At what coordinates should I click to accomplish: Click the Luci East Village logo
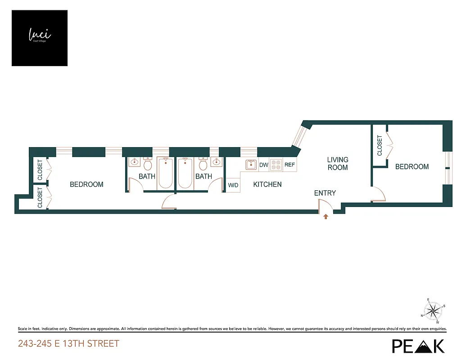click(x=40, y=38)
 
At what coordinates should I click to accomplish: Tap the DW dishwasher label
click(x=264, y=165)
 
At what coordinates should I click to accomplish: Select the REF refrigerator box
click(x=290, y=165)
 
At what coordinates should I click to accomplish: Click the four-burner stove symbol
click(x=276, y=165)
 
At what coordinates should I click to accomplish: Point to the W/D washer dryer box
click(x=233, y=185)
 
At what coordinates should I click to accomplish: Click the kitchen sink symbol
click(x=251, y=165)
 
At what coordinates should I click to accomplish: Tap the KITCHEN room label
click(x=267, y=184)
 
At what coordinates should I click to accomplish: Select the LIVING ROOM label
click(x=338, y=163)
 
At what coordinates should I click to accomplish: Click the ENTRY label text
click(x=325, y=193)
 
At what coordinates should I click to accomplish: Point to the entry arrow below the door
click(x=326, y=217)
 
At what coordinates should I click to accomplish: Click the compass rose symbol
click(x=433, y=310)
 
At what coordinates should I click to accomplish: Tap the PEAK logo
click(x=418, y=346)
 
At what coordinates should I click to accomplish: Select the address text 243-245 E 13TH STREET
click(x=68, y=344)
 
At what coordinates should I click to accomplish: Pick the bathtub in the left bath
click(x=165, y=174)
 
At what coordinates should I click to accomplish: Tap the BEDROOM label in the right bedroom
click(x=412, y=167)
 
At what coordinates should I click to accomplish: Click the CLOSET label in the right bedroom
click(x=380, y=146)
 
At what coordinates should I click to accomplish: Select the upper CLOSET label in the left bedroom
click(x=40, y=170)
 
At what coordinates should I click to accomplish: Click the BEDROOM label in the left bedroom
click(x=86, y=184)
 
